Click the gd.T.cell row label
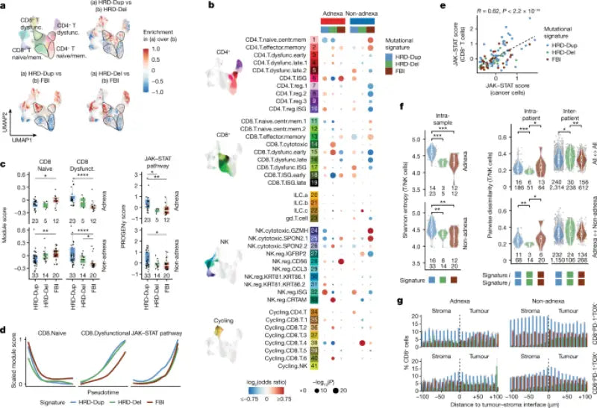pos(293,219)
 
